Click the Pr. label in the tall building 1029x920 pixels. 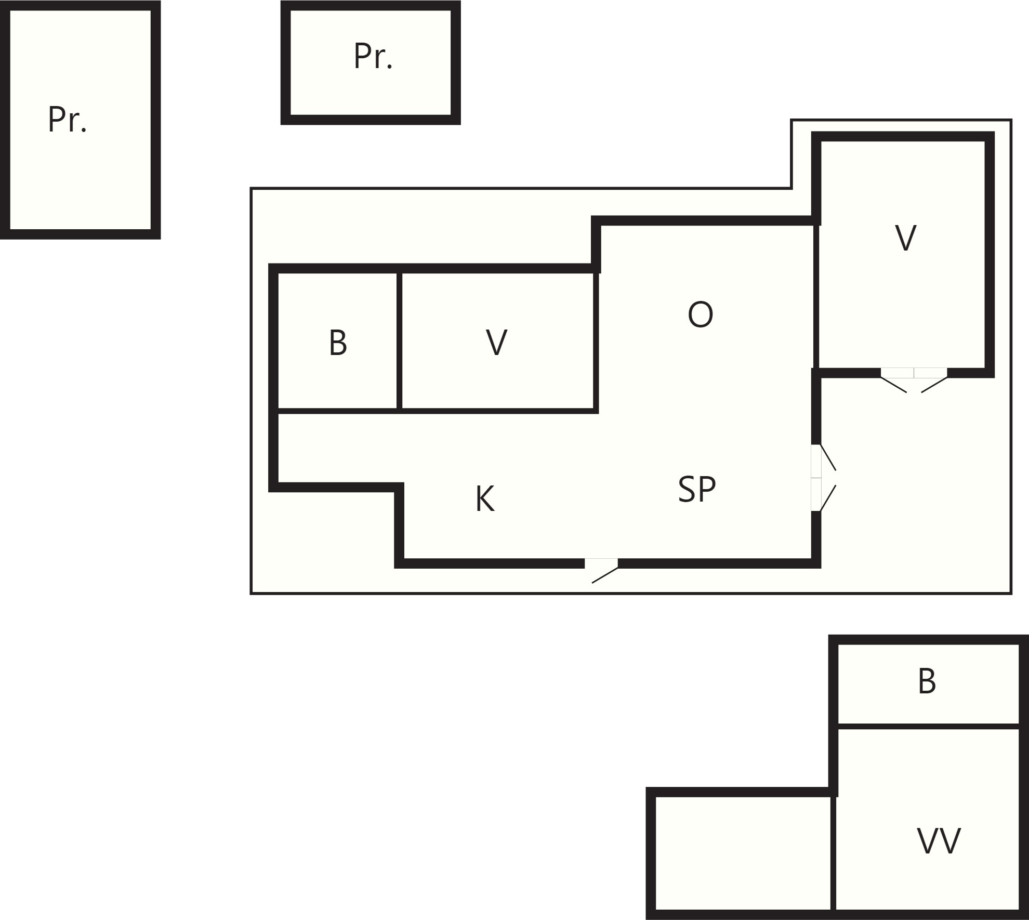(x=67, y=120)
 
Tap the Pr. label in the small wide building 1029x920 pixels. (x=373, y=56)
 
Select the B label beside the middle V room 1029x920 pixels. (x=338, y=343)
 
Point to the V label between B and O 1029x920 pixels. (x=497, y=343)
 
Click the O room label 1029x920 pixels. (x=700, y=314)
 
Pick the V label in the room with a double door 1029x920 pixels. (x=906, y=238)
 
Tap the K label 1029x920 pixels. (x=485, y=499)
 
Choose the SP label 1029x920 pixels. (x=697, y=489)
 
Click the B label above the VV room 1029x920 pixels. (x=927, y=681)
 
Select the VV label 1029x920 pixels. (x=939, y=841)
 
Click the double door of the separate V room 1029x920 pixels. (x=914, y=379)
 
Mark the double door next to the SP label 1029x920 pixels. (x=823, y=478)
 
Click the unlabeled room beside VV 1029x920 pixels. (x=742, y=853)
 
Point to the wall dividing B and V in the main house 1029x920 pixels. (x=399, y=340)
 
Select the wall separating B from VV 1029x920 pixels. (x=928, y=726)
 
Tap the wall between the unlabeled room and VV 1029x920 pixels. (x=834, y=853)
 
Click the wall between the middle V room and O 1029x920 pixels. (x=596, y=340)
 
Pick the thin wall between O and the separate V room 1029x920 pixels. (x=816, y=296)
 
